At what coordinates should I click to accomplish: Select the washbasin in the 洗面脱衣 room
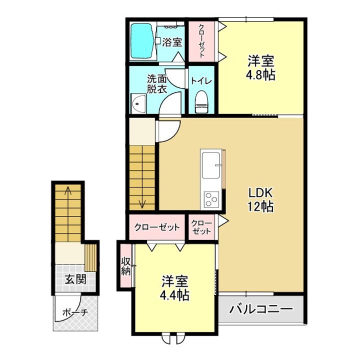[138, 103]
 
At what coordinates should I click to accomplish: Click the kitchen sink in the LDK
[210, 164]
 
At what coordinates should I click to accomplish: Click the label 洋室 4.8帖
[260, 67]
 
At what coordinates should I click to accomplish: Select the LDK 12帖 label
[260, 199]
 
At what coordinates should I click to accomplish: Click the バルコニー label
[261, 309]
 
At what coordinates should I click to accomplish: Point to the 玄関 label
[75, 279]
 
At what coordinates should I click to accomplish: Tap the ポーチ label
[75, 312]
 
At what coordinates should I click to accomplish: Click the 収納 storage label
[126, 266]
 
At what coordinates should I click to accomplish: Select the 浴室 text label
[172, 42]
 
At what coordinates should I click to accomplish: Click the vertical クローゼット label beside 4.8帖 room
[201, 41]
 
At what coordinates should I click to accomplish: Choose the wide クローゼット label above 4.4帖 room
[157, 227]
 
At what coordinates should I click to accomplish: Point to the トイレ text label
[201, 81]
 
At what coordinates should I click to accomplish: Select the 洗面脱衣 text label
[157, 84]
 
